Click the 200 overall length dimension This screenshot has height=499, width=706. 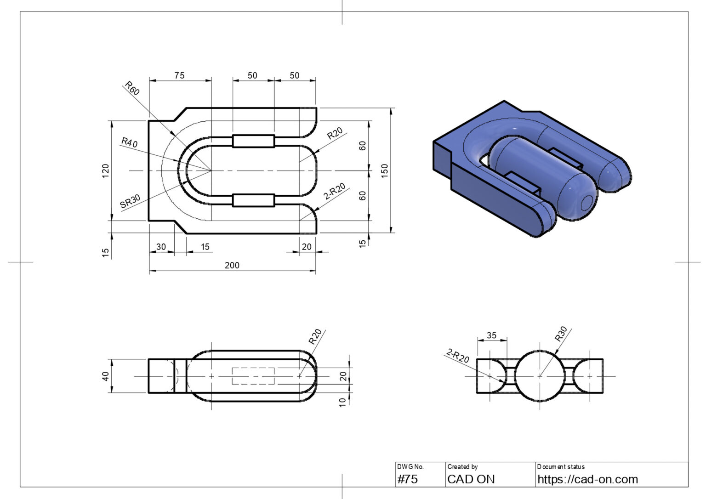(232, 265)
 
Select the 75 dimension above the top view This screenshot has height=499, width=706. (179, 75)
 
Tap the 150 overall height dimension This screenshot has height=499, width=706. (385, 170)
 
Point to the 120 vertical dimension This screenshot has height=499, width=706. (106, 170)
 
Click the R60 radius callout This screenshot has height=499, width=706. (131, 88)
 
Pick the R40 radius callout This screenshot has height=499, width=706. (129, 142)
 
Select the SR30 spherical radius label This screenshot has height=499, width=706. (130, 202)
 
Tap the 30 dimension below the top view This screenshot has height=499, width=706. (161, 247)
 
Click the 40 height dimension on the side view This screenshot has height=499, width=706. (106, 376)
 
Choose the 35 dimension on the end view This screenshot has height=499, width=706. (491, 335)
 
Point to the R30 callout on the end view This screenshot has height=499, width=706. (561, 334)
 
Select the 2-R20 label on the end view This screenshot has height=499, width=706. (457, 356)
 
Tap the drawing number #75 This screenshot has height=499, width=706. (408, 479)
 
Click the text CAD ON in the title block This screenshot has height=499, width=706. (471, 479)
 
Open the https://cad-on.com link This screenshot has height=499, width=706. (587, 479)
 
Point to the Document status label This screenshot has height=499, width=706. (561, 467)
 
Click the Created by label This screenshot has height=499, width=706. (462, 467)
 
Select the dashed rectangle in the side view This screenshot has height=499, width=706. (253, 376)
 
